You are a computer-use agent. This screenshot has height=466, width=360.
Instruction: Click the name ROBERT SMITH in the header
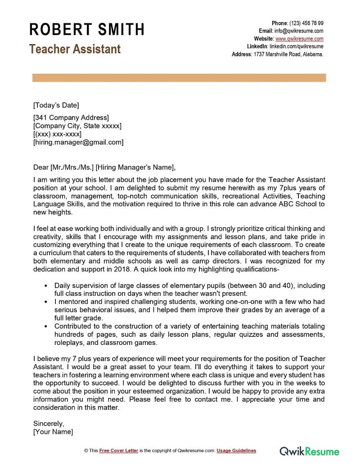click(87, 30)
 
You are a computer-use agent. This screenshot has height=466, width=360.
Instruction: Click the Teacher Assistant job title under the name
click(75, 49)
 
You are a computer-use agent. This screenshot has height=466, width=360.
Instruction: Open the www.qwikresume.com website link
click(299, 39)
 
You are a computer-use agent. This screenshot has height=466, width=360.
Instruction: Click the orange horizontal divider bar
click(179, 78)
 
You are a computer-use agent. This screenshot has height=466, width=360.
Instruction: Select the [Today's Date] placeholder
click(56, 105)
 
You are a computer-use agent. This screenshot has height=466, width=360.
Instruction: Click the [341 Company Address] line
click(71, 118)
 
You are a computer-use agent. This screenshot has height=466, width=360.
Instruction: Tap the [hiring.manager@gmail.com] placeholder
click(78, 142)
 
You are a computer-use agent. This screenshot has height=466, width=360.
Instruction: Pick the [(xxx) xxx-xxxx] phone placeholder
click(57, 134)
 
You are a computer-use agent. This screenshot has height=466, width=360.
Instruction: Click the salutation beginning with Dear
click(103, 167)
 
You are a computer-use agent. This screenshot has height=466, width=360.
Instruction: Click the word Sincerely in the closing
click(49, 423)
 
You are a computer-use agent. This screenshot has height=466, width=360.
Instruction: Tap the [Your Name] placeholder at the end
click(53, 431)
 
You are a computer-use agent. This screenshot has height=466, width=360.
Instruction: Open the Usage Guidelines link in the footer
click(236, 451)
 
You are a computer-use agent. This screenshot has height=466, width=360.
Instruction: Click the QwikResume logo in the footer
click(310, 451)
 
